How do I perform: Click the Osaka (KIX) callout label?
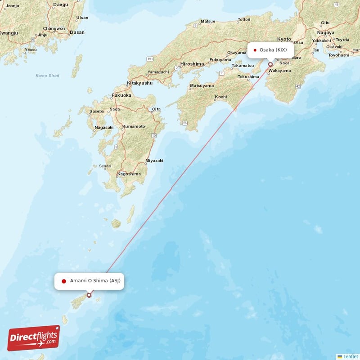[x=270, y=50]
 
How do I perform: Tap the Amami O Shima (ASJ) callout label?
[x=89, y=281]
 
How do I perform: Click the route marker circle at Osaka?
[x=270, y=64]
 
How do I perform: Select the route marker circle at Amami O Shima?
[x=89, y=295]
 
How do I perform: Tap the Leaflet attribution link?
[x=351, y=356]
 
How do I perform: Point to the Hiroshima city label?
[x=192, y=64]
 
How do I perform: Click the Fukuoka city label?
[x=122, y=95]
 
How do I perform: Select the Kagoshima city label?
[x=129, y=174]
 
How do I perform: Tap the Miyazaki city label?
[x=154, y=161]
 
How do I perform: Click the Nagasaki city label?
[x=104, y=128]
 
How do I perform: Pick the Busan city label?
[x=77, y=32]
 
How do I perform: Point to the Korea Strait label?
[x=48, y=76]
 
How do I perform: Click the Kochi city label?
[x=221, y=97]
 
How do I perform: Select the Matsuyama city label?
[x=202, y=85]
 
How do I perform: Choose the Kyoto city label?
[x=284, y=39]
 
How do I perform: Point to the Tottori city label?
[x=244, y=19]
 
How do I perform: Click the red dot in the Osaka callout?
[x=255, y=50]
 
